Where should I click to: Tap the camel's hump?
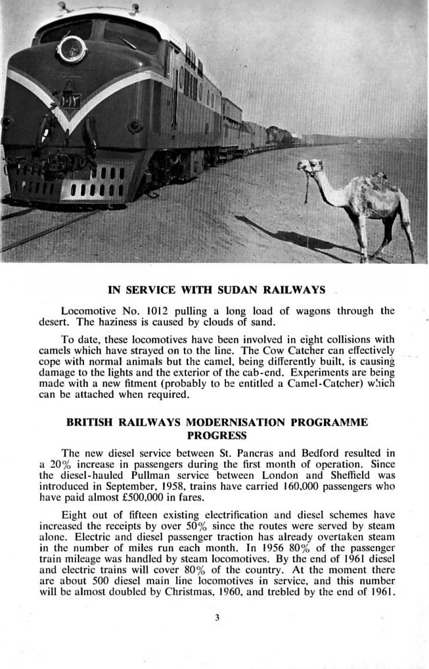click(380, 179)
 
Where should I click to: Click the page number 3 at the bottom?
click(215, 617)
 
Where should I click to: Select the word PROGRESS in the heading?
click(216, 435)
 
